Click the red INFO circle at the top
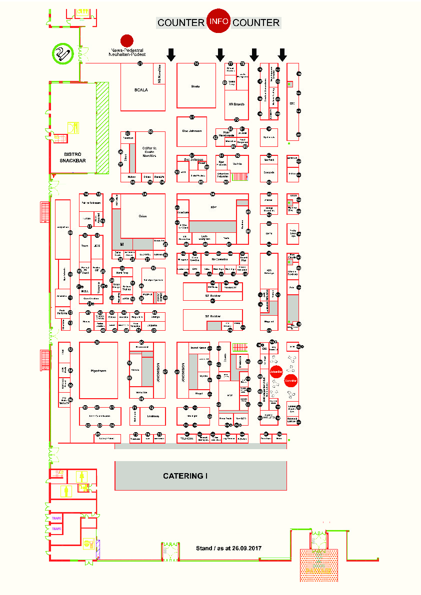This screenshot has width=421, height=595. (218, 21)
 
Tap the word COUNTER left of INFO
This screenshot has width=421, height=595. (180, 22)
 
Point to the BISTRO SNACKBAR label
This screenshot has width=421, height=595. (73, 157)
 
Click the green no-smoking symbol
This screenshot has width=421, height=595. (63, 53)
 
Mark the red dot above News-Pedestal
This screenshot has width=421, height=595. (127, 40)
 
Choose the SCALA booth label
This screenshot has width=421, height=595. (141, 90)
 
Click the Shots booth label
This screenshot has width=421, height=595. (195, 86)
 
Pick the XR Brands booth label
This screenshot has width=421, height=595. (236, 104)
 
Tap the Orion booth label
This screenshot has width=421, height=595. (142, 216)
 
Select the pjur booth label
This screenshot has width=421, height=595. (212, 206)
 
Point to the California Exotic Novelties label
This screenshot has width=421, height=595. (149, 152)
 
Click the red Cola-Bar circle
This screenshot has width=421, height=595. (291, 380)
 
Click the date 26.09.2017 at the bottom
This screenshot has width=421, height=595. (247, 548)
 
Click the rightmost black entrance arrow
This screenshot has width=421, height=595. (282, 54)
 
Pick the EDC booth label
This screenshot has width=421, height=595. (292, 104)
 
